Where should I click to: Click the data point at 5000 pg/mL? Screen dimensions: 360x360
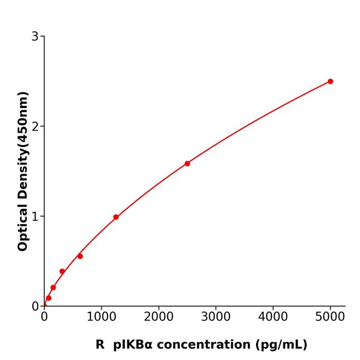(330, 81)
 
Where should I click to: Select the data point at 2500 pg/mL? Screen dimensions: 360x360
(187, 164)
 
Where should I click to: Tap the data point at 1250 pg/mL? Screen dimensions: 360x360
(116, 217)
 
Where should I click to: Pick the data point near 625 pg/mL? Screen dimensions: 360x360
(80, 256)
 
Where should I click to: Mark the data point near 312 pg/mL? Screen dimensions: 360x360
(62, 271)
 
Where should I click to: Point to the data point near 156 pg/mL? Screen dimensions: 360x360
(53, 287)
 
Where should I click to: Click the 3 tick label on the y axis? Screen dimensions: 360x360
(35, 37)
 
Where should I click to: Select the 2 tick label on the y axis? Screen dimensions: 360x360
(35, 127)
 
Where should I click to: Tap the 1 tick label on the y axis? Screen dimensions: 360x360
(35, 217)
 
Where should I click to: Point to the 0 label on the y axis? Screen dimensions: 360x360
(35, 307)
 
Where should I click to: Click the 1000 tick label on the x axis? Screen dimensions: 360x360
(101, 317)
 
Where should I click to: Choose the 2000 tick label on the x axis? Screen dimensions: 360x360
(158, 317)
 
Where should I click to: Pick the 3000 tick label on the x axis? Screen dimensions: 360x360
(215, 317)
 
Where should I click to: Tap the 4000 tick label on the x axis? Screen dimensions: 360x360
(273, 317)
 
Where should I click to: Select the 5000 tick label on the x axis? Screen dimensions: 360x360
(330, 317)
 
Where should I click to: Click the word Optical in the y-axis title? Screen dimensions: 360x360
(23, 227)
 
